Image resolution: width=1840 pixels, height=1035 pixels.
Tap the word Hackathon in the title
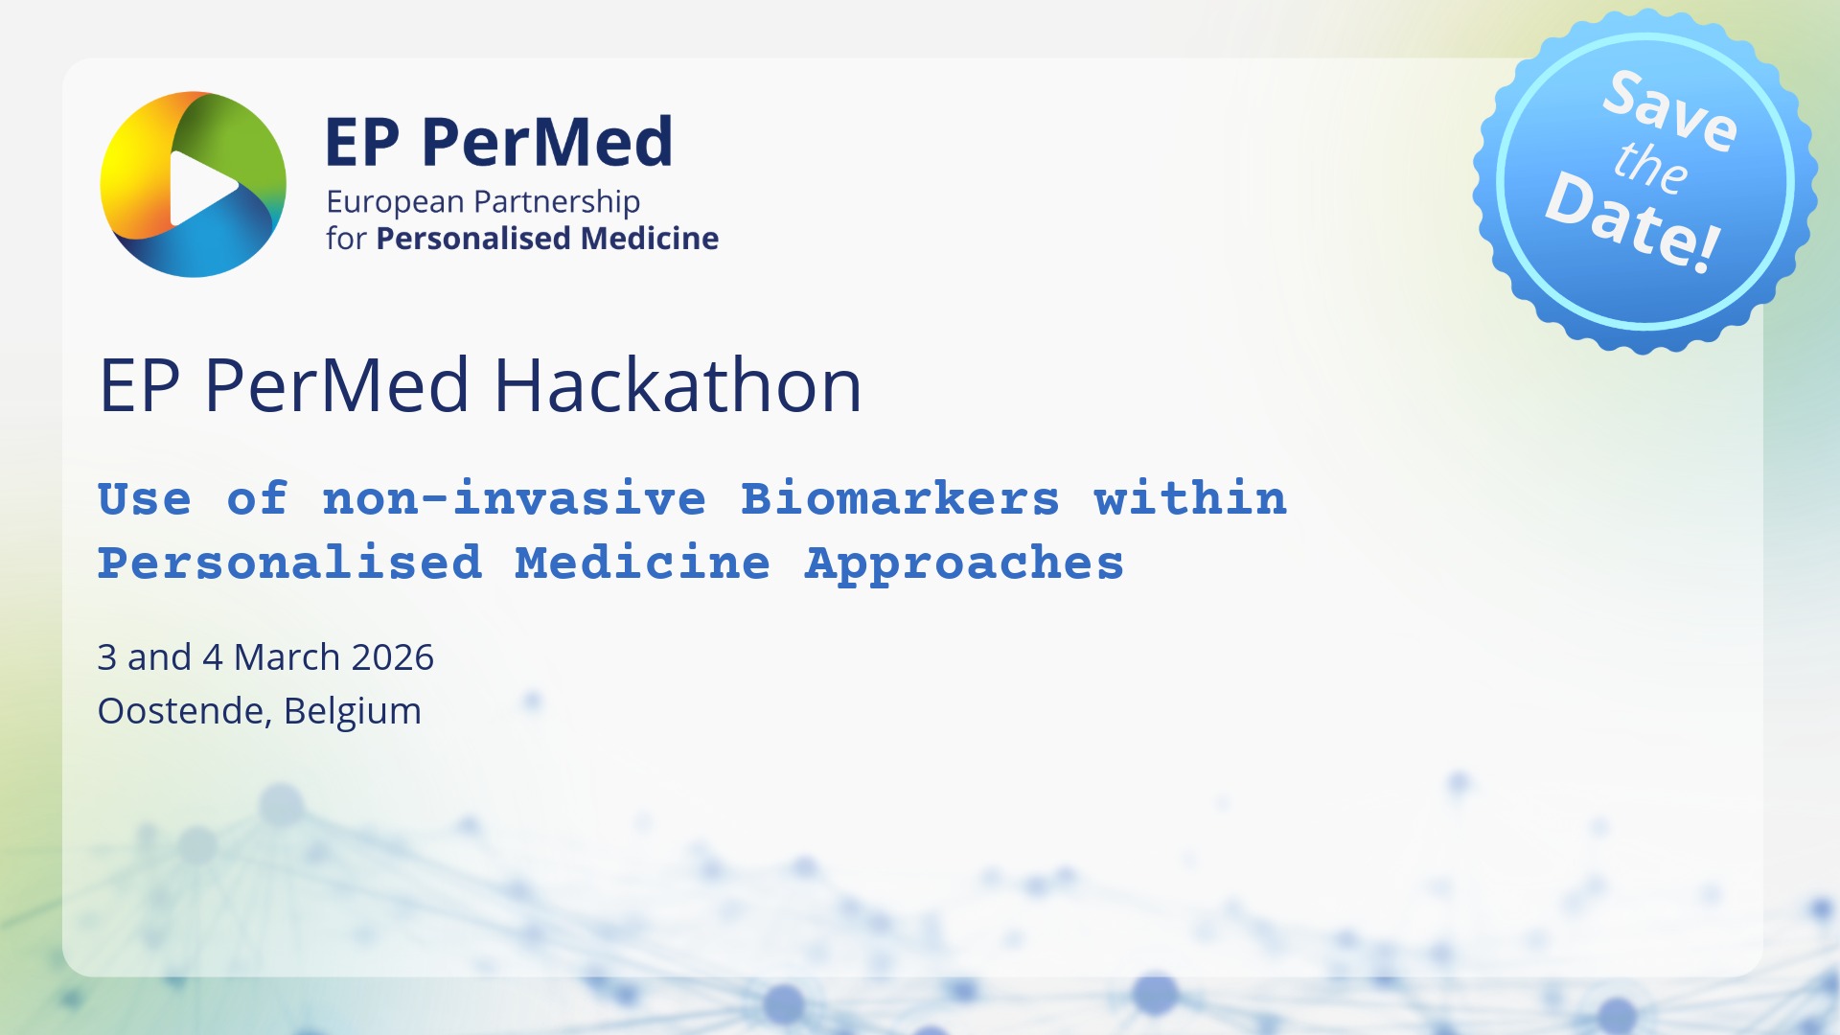pos(678,385)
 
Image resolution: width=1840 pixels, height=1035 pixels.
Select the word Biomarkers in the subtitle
pos(900,499)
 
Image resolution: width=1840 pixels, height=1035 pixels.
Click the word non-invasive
pos(514,499)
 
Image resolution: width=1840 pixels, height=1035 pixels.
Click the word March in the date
pos(287,657)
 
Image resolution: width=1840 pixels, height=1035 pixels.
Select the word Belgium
pos(353,712)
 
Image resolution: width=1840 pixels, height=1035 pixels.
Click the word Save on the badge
pos(1669,110)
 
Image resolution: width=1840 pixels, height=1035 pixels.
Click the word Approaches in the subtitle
pos(964,563)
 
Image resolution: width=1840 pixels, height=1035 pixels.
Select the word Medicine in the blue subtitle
pos(642,563)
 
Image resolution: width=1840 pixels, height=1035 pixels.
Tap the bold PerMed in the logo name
pos(546,142)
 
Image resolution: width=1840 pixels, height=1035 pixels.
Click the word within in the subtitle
pos(1190,499)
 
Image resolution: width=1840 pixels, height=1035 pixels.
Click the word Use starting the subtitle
pos(145,499)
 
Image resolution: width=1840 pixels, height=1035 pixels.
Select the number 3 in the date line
pos(106,657)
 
